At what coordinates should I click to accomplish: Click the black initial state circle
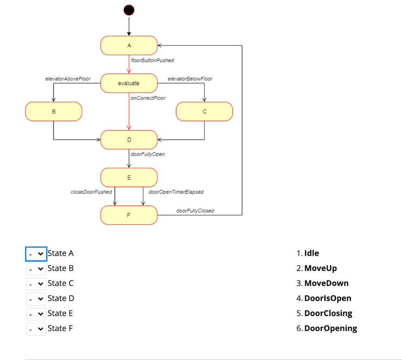pyautogui.click(x=129, y=10)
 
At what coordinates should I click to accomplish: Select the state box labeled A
pyautogui.click(x=129, y=45)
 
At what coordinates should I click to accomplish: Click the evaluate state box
pyautogui.click(x=129, y=83)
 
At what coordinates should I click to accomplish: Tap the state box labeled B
pyautogui.click(x=54, y=111)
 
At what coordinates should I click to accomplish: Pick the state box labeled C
pyautogui.click(x=204, y=111)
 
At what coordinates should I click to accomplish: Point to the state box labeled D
pyautogui.click(x=129, y=140)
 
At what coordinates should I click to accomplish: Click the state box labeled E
pyautogui.click(x=129, y=178)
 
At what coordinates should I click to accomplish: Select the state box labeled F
pyautogui.click(x=129, y=215)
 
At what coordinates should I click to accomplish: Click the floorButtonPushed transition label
pyautogui.click(x=153, y=60)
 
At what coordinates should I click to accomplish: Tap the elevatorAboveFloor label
pyautogui.click(x=68, y=79)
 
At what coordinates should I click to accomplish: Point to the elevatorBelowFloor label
pyautogui.click(x=190, y=79)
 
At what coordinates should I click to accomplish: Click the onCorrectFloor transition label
pyautogui.click(x=148, y=98)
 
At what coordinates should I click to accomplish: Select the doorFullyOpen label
pyautogui.click(x=148, y=154)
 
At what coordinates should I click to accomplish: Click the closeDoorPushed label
pyautogui.click(x=91, y=192)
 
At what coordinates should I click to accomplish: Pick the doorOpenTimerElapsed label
pyautogui.click(x=176, y=192)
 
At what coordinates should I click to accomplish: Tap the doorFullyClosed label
pyautogui.click(x=195, y=211)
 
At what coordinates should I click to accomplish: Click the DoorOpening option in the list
pyautogui.click(x=331, y=329)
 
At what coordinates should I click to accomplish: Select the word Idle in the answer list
pyautogui.click(x=312, y=253)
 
